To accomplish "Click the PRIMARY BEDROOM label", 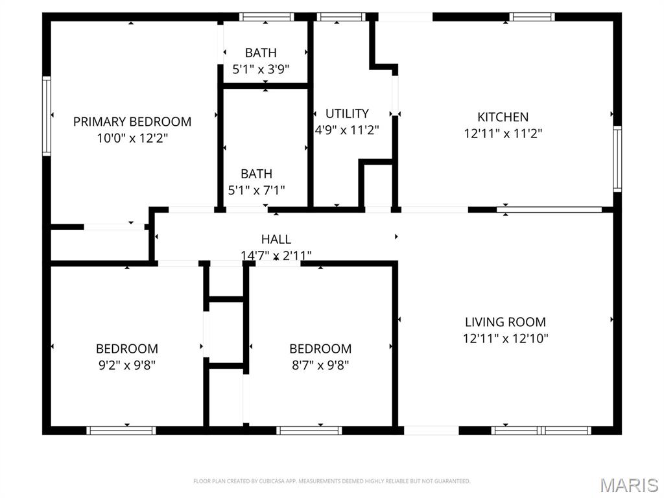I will click(132, 121).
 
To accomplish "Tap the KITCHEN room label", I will click(503, 117).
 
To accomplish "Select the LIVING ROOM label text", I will click(505, 322).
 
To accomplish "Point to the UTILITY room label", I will click(347, 113).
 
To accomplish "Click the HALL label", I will click(276, 239).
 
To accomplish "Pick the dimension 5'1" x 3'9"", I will click(261, 69).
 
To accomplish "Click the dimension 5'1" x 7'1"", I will click(256, 190).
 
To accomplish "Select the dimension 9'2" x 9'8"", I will click(126, 364).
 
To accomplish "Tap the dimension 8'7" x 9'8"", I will click(320, 364).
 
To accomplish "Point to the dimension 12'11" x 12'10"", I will click(505, 338).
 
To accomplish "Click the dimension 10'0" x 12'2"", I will click(132, 138).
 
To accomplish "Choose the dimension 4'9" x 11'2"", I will click(347, 130).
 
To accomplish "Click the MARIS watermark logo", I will click(628, 485).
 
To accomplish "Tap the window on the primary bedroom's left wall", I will click(47, 116).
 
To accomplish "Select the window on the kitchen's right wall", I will click(617, 158).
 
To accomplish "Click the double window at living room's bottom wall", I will click(541, 430).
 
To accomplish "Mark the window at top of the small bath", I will click(267, 17).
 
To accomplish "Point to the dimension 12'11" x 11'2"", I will click(503, 134).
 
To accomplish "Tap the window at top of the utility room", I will click(341, 17).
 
